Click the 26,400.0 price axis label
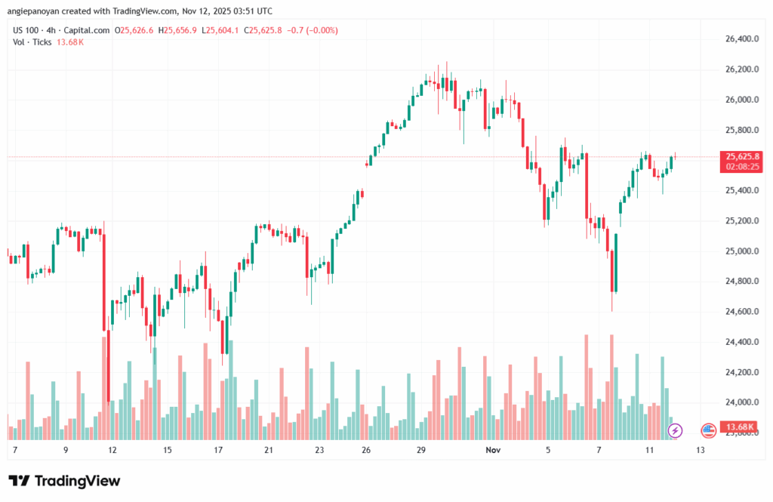[x=741, y=39]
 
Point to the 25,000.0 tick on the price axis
[x=741, y=251]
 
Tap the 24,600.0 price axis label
[x=741, y=312]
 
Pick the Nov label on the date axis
[x=493, y=450]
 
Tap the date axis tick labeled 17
[x=218, y=450]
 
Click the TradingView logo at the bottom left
[x=64, y=481]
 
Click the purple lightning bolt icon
[x=675, y=430]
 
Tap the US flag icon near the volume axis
[x=708, y=430]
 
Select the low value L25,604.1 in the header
[x=220, y=30]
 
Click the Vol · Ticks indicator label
[x=32, y=42]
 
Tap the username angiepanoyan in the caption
[x=37, y=11]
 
